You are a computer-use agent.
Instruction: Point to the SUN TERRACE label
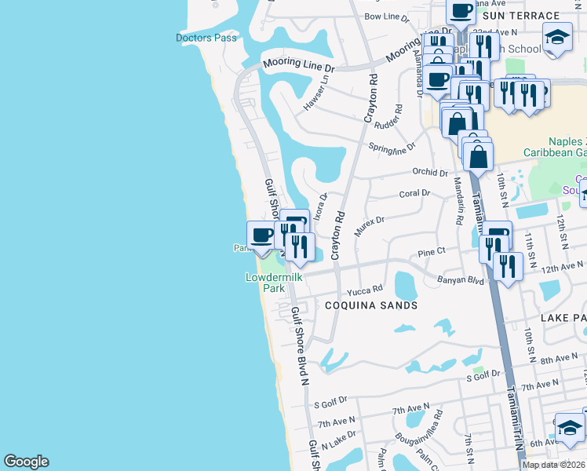coord(521,15)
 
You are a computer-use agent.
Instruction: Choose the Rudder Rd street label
coord(390,119)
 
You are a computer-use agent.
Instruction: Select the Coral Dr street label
coord(414,193)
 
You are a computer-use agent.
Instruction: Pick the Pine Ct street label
coord(432,252)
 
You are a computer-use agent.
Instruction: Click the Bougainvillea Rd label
coord(419,423)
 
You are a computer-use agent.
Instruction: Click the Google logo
coord(26,462)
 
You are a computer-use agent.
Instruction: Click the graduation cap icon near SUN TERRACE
coord(557,36)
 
